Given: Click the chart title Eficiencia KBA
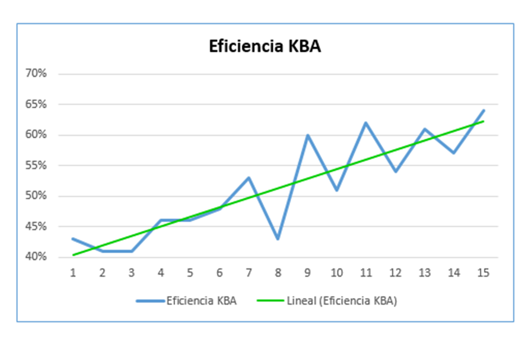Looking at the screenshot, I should tap(265, 47).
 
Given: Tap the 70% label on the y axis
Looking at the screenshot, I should tap(35, 74).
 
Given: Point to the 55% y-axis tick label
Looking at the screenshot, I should tap(35, 166).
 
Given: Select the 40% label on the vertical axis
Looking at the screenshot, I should tap(35, 257).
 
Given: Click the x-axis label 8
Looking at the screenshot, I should tap(278, 273).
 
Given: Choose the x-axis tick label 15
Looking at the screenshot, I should tap(483, 273).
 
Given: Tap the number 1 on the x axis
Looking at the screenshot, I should tap(73, 273).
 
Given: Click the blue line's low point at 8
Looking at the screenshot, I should tap(278, 239).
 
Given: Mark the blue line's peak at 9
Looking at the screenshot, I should tap(308, 135).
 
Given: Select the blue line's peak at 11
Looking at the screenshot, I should tap(366, 123).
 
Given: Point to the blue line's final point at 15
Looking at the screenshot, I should tap(483, 111).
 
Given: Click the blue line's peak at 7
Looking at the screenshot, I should tap(249, 178).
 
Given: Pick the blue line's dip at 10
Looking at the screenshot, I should tap(337, 190).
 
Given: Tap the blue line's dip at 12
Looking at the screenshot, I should tap(395, 171).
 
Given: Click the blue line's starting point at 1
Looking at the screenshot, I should tap(73, 239).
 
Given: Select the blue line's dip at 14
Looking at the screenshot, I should tap(454, 153).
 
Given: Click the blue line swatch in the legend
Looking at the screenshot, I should tap(150, 301).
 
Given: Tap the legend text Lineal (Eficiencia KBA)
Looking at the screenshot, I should tap(343, 301).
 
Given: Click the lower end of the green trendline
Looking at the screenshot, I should tap(74, 254).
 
